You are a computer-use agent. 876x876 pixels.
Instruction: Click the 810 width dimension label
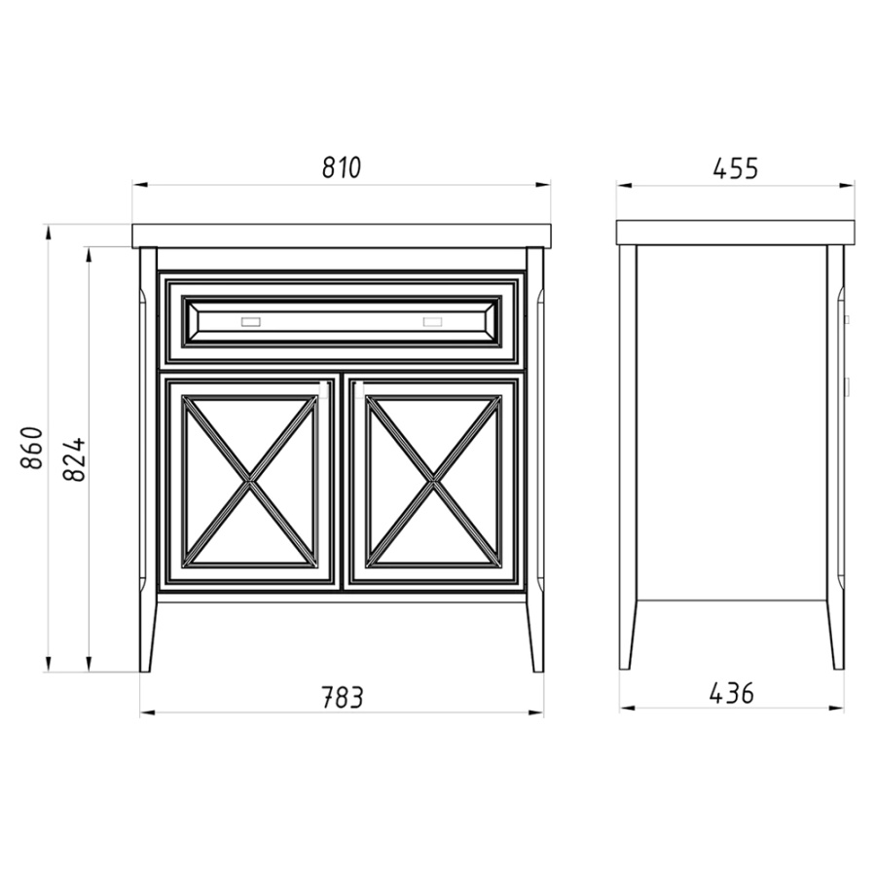[x=342, y=167]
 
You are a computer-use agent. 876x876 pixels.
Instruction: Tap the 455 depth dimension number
[x=735, y=168]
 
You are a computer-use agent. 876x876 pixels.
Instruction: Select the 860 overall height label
[x=32, y=448]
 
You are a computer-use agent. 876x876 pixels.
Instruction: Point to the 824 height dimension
[x=74, y=459]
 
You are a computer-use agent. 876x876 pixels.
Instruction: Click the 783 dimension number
[x=342, y=697]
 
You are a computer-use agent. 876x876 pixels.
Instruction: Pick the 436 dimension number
[x=731, y=693]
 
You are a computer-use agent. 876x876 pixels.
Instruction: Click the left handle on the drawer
[x=251, y=322]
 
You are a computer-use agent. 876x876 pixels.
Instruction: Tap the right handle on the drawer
[x=432, y=322]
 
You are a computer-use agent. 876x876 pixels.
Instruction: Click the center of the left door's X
[x=250, y=481]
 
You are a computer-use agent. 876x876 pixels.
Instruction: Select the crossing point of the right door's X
[x=433, y=481]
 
